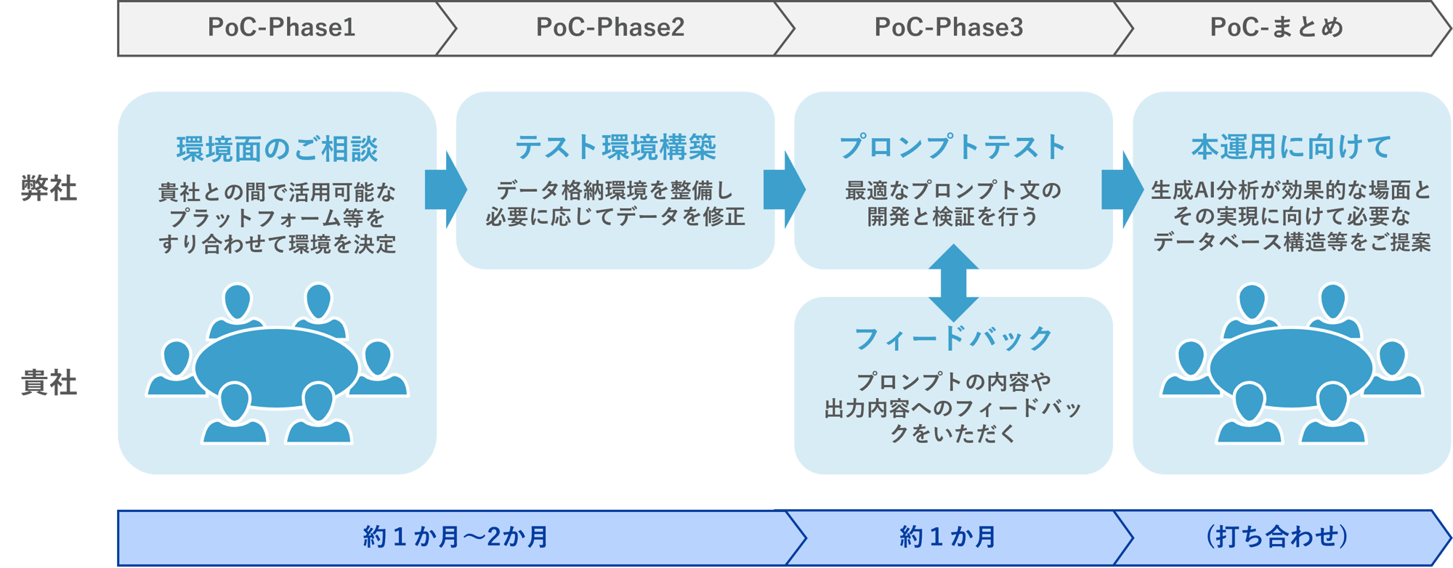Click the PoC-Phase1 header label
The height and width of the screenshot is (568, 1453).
coord(281,28)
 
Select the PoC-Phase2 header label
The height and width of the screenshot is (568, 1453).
coord(610,28)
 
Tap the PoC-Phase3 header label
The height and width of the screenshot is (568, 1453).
coord(948,28)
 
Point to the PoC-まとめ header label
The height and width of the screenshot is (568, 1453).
coord(1276,28)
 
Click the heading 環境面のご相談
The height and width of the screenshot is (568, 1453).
coord(277,149)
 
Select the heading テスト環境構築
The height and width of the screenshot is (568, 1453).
coord(615,147)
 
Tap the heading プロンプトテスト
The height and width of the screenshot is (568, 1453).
coord(952,147)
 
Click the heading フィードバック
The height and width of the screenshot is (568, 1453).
coord(952,338)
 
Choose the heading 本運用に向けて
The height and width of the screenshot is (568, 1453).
coord(1291,147)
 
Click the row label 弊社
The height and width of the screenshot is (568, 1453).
coord(49,189)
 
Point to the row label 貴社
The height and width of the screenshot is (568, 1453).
coord(49,383)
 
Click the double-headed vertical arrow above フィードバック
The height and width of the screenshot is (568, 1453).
coord(953,283)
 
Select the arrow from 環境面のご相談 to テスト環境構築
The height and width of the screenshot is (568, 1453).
coord(445,190)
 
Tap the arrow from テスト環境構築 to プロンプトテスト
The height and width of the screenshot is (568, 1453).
coord(784,190)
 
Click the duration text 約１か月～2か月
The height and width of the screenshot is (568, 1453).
coord(456,537)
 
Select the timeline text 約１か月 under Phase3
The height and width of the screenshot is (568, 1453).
coord(947,537)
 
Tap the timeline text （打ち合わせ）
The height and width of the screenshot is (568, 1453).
coord(1276,537)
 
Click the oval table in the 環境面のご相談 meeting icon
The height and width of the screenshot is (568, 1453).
coord(276,368)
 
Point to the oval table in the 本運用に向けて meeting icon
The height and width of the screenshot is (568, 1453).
coord(1290,368)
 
